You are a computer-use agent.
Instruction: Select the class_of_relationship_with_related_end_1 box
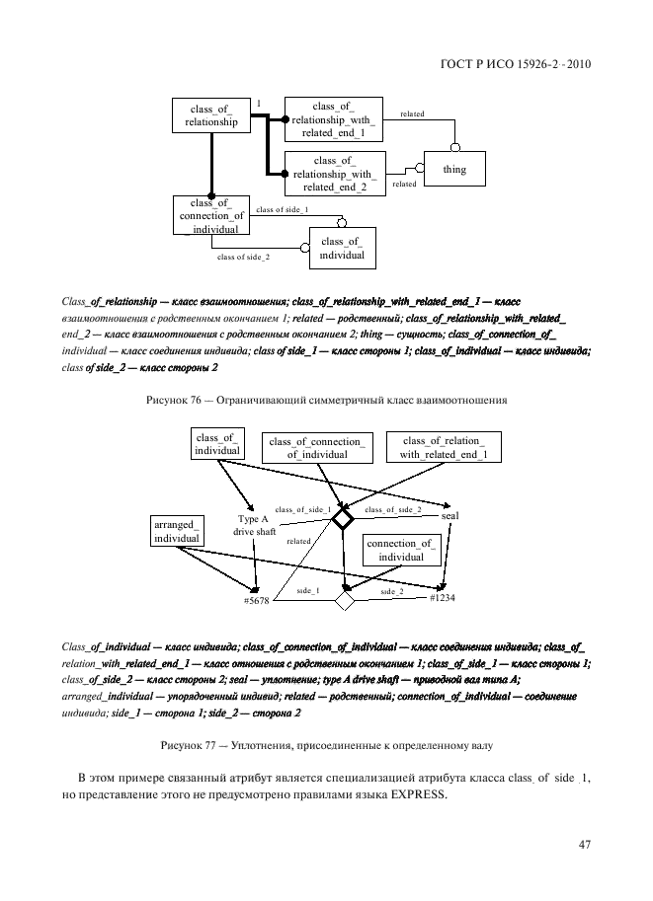tap(333, 119)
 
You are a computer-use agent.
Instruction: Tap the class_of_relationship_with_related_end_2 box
tap(334, 174)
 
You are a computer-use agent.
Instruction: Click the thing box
tap(454, 170)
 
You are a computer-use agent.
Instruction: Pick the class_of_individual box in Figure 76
tap(342, 249)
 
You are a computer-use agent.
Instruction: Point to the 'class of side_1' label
tap(282, 210)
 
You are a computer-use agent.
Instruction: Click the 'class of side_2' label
tap(243, 257)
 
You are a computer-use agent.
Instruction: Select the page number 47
tap(584, 844)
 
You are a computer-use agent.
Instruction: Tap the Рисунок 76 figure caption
tap(326, 401)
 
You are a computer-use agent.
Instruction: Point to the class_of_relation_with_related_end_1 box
tap(444, 447)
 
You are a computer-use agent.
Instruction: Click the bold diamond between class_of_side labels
tap(342, 518)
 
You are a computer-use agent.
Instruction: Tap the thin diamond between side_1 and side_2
tap(344, 599)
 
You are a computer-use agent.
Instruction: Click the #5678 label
tap(257, 601)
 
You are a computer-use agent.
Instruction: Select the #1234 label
tap(443, 598)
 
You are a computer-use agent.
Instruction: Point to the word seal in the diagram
tap(449, 516)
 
